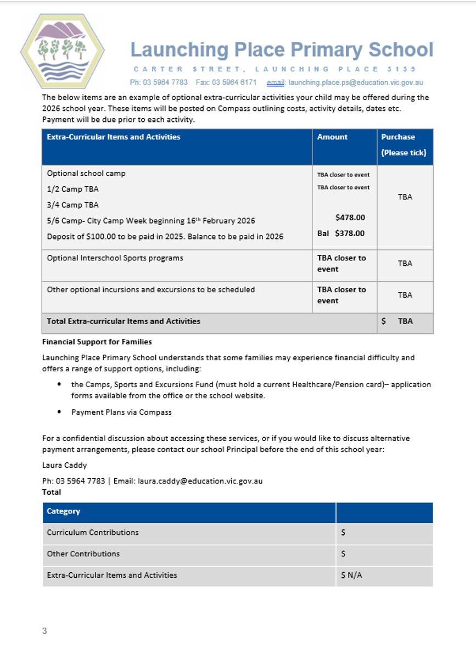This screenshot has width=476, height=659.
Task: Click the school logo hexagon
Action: [61, 51]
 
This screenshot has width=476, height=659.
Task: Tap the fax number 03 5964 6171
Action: [234, 82]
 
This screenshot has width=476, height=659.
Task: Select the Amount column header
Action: [332, 137]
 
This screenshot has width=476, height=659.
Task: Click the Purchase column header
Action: [398, 137]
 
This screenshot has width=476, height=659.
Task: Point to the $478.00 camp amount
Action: [350, 217]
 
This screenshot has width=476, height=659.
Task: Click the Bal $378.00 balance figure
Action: [341, 233]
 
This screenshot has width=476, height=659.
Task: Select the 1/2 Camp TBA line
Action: [73, 189]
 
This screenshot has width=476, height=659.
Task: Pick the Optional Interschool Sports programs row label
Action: [115, 258]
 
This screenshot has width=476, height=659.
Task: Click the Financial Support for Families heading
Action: [97, 342]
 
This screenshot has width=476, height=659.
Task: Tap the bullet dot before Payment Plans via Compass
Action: [59, 411]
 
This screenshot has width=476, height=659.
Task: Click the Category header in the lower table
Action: [63, 511]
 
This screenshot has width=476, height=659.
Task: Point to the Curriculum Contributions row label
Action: [92, 533]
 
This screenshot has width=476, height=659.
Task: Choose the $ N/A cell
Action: [349, 576]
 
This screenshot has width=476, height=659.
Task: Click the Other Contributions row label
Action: [83, 554]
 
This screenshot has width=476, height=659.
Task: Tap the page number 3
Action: [44, 631]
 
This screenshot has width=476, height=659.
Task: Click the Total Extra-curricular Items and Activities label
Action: [124, 321]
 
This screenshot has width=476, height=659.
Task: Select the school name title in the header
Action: [282, 50]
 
